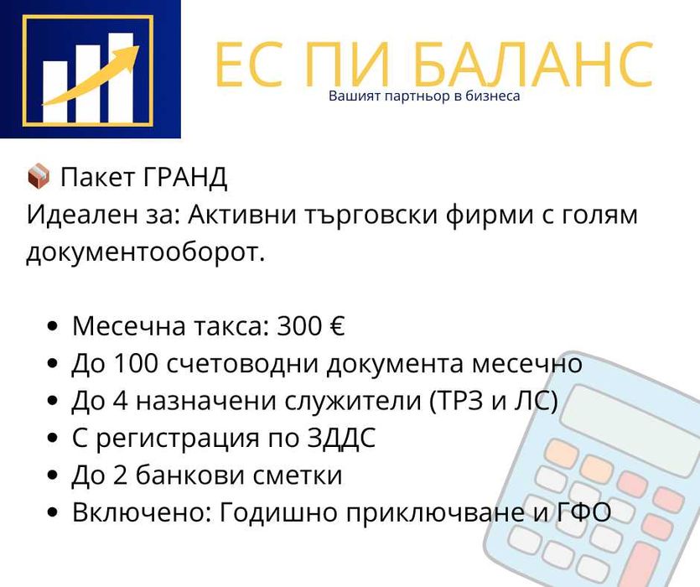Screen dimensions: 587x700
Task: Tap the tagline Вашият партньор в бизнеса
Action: tap(424, 96)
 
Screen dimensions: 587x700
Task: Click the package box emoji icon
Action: tap(38, 177)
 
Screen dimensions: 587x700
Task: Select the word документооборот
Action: tap(145, 252)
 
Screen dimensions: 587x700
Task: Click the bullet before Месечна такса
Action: tap(54, 327)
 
